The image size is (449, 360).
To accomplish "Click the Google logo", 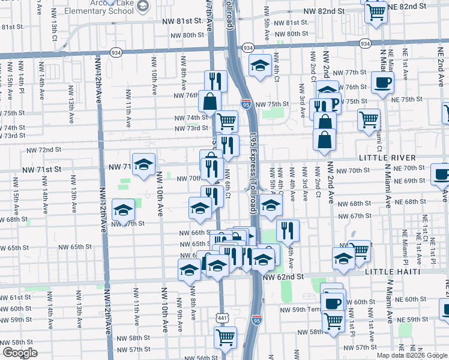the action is coord(19,352).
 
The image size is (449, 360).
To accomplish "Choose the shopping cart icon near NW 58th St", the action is coord(225,337).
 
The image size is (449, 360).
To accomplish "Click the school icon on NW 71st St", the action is coord(144,164).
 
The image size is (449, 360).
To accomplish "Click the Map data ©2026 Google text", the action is coord(412,355).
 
